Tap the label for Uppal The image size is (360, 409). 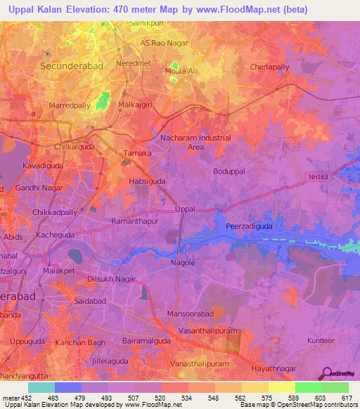pos(184,209)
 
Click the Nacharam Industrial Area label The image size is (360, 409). pos(196,143)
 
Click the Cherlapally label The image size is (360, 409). pos(270,67)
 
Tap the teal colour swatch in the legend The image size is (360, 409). pos(41,387)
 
